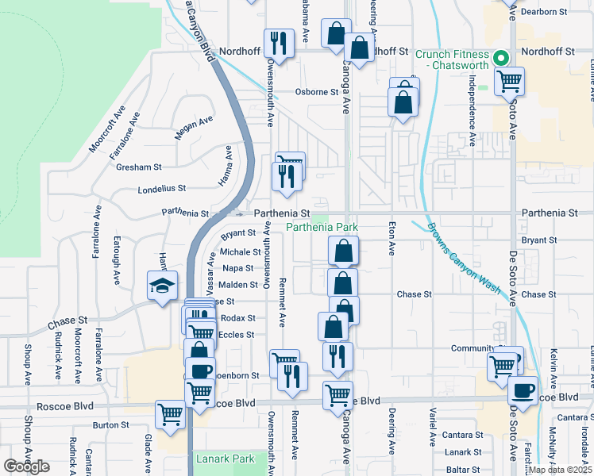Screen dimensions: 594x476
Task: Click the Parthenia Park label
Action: pyautogui.click(x=322, y=228)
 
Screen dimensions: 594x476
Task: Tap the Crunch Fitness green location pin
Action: pyautogui.click(x=501, y=58)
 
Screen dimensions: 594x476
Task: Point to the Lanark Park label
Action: pyautogui.click(x=226, y=459)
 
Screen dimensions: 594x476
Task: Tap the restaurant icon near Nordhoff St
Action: pyautogui.click(x=279, y=41)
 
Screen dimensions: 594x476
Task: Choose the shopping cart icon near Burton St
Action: pyautogui.click(x=171, y=414)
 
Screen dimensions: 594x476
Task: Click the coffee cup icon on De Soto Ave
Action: pyautogui.click(x=523, y=390)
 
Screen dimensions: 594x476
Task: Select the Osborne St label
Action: pyautogui.click(x=317, y=92)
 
